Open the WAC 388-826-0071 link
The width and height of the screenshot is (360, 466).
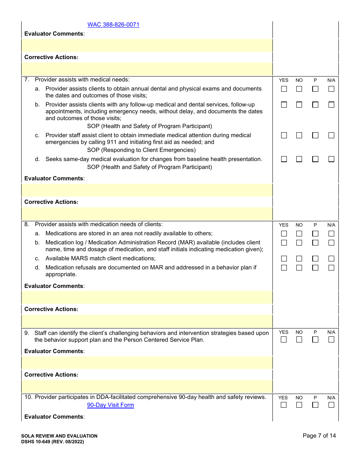coord(113,25)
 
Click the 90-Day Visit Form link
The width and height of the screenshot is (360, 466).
coord(110,405)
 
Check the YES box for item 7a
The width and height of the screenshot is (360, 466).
coord(284,89)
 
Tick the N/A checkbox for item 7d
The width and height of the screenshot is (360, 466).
coord(331,159)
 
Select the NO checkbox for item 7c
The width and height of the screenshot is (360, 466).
coord(299,135)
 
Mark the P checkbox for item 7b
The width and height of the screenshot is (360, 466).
coord(315,105)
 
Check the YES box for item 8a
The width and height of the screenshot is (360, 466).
coord(284,234)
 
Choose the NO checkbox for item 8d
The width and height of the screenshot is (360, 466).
coord(299,268)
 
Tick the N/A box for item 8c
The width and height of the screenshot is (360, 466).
coord(331,259)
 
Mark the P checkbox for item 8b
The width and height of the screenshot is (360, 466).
coord(315,243)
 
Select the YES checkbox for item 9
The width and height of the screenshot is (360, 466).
coord(284,340)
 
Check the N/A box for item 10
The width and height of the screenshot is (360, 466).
coord(331,405)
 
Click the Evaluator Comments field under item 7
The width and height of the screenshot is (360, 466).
coord(147,190)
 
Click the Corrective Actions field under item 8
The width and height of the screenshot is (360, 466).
coord(147,321)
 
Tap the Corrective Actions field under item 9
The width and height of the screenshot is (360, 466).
coord(147,386)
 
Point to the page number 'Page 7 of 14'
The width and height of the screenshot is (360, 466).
coord(319,436)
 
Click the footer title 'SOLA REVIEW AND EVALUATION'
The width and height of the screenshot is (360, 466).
coord(59,436)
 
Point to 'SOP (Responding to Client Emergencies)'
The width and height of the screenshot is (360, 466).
coord(141,150)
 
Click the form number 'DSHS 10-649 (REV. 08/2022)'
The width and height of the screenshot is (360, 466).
coord(52,442)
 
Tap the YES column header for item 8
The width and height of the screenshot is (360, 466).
coord(283,225)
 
